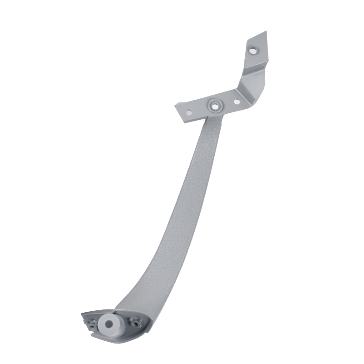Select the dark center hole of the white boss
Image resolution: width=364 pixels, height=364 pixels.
tap(109, 324)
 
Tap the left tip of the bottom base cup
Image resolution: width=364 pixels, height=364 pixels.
tap(82, 314)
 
